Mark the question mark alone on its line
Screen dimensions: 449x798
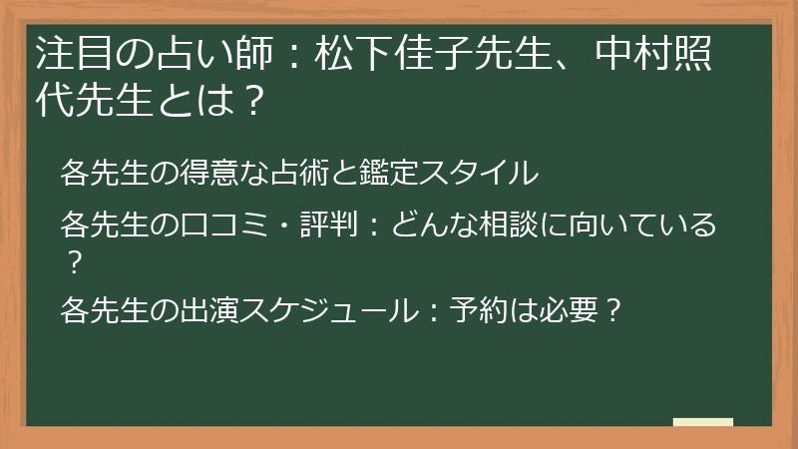point(73,262)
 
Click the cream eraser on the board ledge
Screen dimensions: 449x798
point(703,422)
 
